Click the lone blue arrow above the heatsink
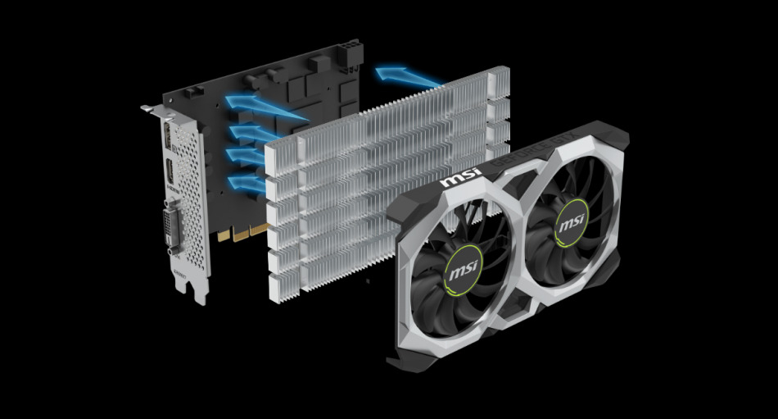[407, 78]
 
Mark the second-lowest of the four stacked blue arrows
[244, 155]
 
